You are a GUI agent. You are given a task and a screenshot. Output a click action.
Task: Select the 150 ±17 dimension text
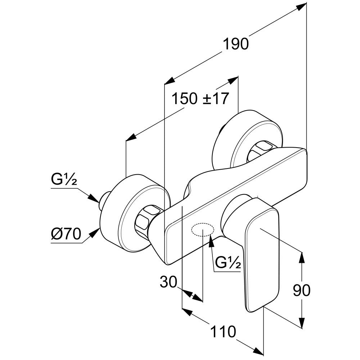(200, 98)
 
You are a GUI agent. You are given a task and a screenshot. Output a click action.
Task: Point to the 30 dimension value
(168, 282)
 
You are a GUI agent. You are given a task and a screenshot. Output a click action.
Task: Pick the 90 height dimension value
(302, 290)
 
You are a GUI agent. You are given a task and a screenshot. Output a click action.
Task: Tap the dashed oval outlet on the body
(203, 230)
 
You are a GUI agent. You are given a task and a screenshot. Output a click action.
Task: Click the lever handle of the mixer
(262, 256)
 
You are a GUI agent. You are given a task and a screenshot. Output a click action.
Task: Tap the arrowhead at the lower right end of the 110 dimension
(258, 350)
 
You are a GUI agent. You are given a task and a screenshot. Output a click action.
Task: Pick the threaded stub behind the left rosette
(104, 199)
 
